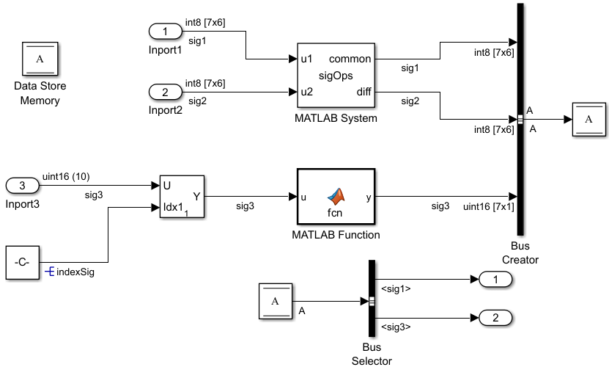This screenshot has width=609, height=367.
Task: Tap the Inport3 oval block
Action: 23,186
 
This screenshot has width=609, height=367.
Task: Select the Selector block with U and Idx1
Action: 182,197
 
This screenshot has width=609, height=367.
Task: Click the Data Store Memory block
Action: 40,59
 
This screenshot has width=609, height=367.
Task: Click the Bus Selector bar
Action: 372,300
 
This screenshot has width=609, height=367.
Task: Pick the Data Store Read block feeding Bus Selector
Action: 276,301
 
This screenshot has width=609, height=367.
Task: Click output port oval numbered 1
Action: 495,279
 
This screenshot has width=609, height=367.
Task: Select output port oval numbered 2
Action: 495,318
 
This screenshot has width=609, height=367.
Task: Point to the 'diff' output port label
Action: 363,92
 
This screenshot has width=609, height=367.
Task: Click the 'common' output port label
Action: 350,59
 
